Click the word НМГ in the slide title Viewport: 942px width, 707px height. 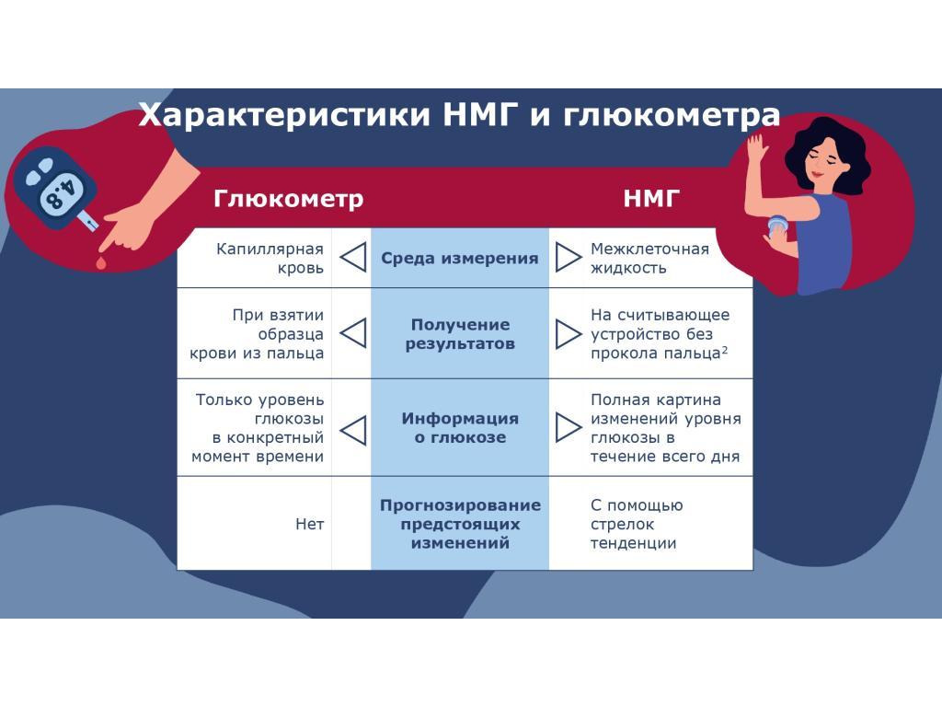[x=479, y=113]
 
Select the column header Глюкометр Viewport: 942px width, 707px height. [x=288, y=199]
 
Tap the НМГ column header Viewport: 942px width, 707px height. [x=651, y=199]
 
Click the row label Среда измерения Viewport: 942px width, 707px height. [x=460, y=259]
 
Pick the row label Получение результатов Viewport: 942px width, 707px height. [x=460, y=334]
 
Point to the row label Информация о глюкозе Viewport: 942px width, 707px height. [x=460, y=427]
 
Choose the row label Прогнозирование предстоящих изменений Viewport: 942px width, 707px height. [x=460, y=524]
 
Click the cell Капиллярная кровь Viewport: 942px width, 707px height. [x=270, y=258]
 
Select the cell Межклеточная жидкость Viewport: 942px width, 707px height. [x=649, y=258]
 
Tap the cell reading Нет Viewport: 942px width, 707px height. [x=309, y=524]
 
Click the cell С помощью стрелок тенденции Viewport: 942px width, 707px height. [x=637, y=524]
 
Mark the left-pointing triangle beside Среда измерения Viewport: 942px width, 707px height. [x=353, y=258]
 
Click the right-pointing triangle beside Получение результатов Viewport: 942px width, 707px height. [x=568, y=333]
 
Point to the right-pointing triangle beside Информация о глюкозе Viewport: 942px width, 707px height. [x=568, y=427]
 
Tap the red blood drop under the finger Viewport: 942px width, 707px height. [x=99, y=262]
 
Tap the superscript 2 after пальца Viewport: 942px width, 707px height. [x=725, y=349]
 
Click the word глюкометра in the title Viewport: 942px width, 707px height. [x=671, y=115]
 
